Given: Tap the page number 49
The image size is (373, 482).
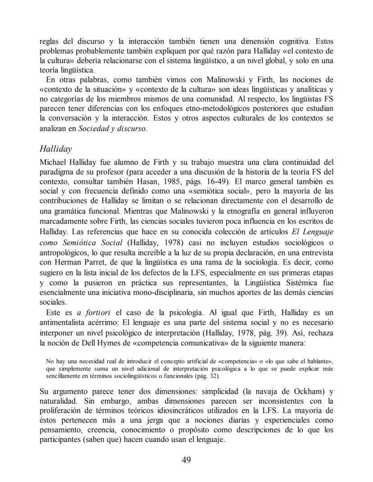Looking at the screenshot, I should pyautogui.click(x=186, y=459).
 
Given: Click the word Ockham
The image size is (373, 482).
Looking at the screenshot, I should pyautogui.click(x=307, y=391).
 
